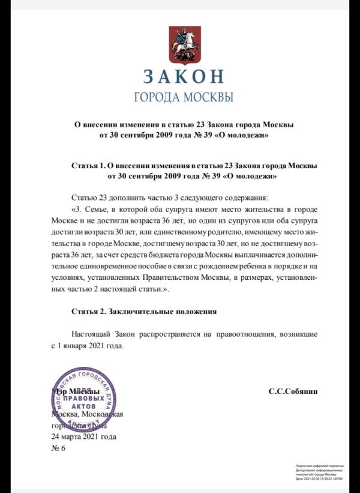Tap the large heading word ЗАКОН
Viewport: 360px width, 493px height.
(184, 76)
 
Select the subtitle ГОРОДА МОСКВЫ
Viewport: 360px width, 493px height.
(183, 97)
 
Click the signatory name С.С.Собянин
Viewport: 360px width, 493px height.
(293, 391)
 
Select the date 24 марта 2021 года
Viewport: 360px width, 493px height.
(84, 437)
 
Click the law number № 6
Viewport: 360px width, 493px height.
(59, 448)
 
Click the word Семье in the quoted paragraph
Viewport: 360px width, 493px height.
(100, 210)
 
